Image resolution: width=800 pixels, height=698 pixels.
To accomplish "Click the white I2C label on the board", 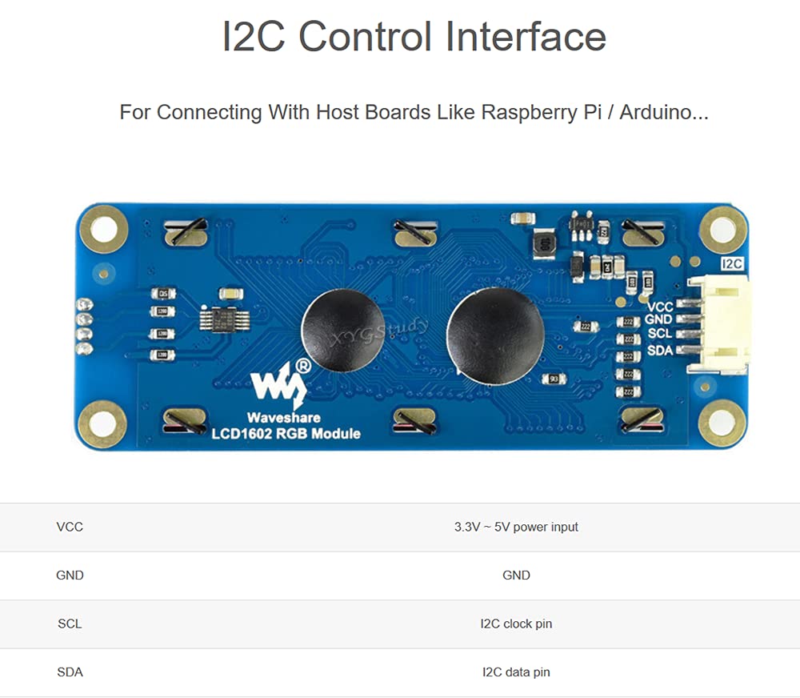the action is tap(732, 263).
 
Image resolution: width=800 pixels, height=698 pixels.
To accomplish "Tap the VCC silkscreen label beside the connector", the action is tap(660, 307).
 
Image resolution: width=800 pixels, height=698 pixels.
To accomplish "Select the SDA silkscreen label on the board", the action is tap(660, 351).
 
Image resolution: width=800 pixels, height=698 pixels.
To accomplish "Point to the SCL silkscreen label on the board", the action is tap(660, 333).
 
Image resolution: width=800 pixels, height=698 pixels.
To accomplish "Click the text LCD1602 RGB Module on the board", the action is tap(286, 434).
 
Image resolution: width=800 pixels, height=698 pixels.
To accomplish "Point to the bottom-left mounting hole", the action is tap(102, 423).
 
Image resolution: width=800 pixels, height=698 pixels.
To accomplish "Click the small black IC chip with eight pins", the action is tap(218, 319).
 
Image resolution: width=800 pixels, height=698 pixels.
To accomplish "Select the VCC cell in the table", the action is tap(70, 527).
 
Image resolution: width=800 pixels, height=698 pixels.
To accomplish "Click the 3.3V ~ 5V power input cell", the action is tap(516, 527).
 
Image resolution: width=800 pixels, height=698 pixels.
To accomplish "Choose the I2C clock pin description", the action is tap(516, 624).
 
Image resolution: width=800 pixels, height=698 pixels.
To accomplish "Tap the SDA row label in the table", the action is tap(70, 672).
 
